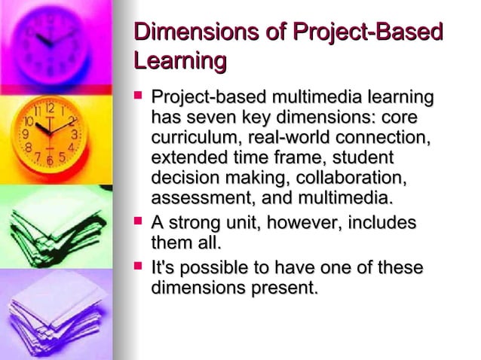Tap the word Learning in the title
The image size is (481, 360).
point(179,61)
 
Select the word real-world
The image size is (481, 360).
point(290,139)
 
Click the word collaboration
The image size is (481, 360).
point(351,178)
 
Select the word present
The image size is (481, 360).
point(281,288)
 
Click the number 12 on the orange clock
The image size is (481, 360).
point(49,108)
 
